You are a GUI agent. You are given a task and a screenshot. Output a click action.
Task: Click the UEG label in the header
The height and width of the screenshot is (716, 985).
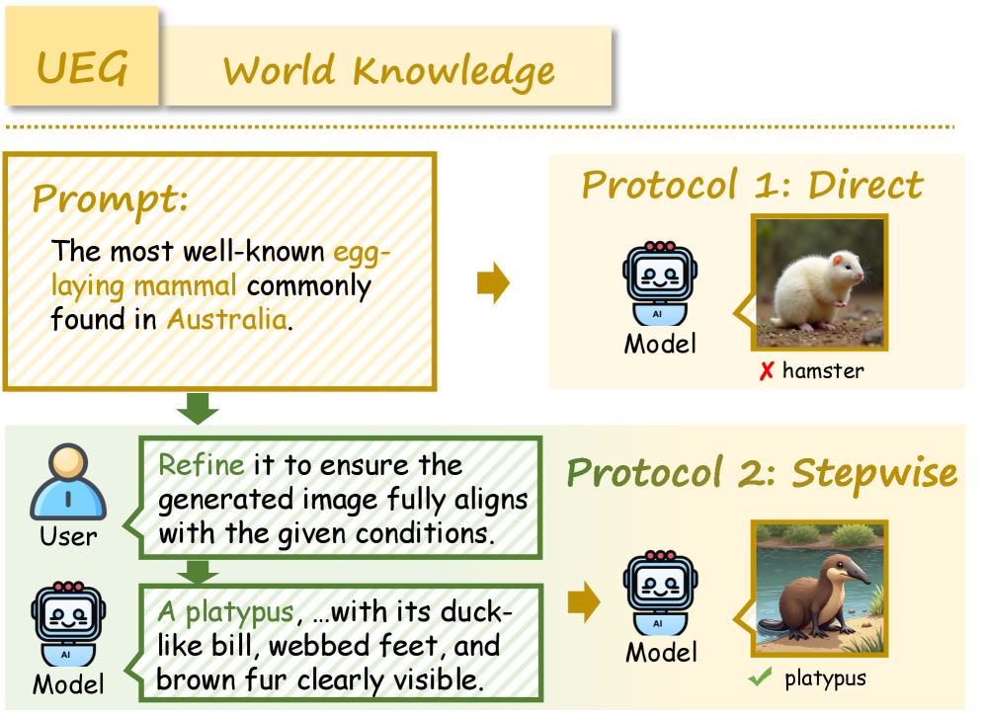82,68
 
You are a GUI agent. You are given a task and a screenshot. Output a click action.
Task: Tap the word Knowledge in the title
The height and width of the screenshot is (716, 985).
453,72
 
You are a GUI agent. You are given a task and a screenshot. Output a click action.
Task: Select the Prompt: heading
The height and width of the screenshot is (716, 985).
110,199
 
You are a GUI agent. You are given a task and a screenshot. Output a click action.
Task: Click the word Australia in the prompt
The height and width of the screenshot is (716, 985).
227,319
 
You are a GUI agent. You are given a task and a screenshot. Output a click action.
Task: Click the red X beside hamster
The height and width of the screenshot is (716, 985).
767,371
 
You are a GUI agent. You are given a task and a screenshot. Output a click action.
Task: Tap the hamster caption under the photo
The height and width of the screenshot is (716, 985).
823,370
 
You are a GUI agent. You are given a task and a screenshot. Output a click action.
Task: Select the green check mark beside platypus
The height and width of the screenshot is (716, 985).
760,677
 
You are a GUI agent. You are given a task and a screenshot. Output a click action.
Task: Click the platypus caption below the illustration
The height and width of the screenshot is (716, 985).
825,678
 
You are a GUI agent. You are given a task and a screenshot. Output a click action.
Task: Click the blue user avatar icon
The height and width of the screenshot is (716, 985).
68,481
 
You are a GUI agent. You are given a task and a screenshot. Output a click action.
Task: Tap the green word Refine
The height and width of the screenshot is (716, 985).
201,465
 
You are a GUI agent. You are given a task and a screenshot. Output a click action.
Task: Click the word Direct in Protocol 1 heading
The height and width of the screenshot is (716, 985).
865,185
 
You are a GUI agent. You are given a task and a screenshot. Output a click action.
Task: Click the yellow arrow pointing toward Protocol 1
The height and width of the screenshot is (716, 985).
493,282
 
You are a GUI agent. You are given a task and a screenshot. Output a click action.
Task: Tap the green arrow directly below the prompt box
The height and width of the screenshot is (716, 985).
198,408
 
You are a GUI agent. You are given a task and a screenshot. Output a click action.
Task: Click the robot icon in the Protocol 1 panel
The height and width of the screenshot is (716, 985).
660,283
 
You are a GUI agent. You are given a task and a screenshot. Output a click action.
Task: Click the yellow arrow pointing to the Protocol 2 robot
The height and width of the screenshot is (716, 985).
584,601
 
